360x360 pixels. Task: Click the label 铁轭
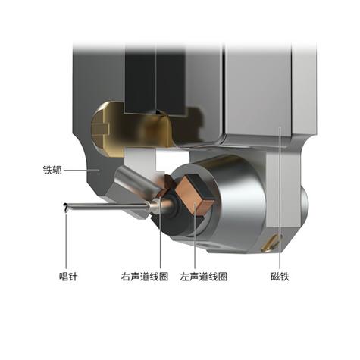click(x=52, y=170)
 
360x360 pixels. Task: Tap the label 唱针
click(x=68, y=277)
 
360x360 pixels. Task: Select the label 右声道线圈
click(x=145, y=277)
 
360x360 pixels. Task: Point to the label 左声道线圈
click(x=204, y=277)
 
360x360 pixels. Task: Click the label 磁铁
click(x=280, y=277)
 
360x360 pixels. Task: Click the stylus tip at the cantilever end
click(x=66, y=208)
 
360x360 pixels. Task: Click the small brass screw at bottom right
click(x=271, y=242)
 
